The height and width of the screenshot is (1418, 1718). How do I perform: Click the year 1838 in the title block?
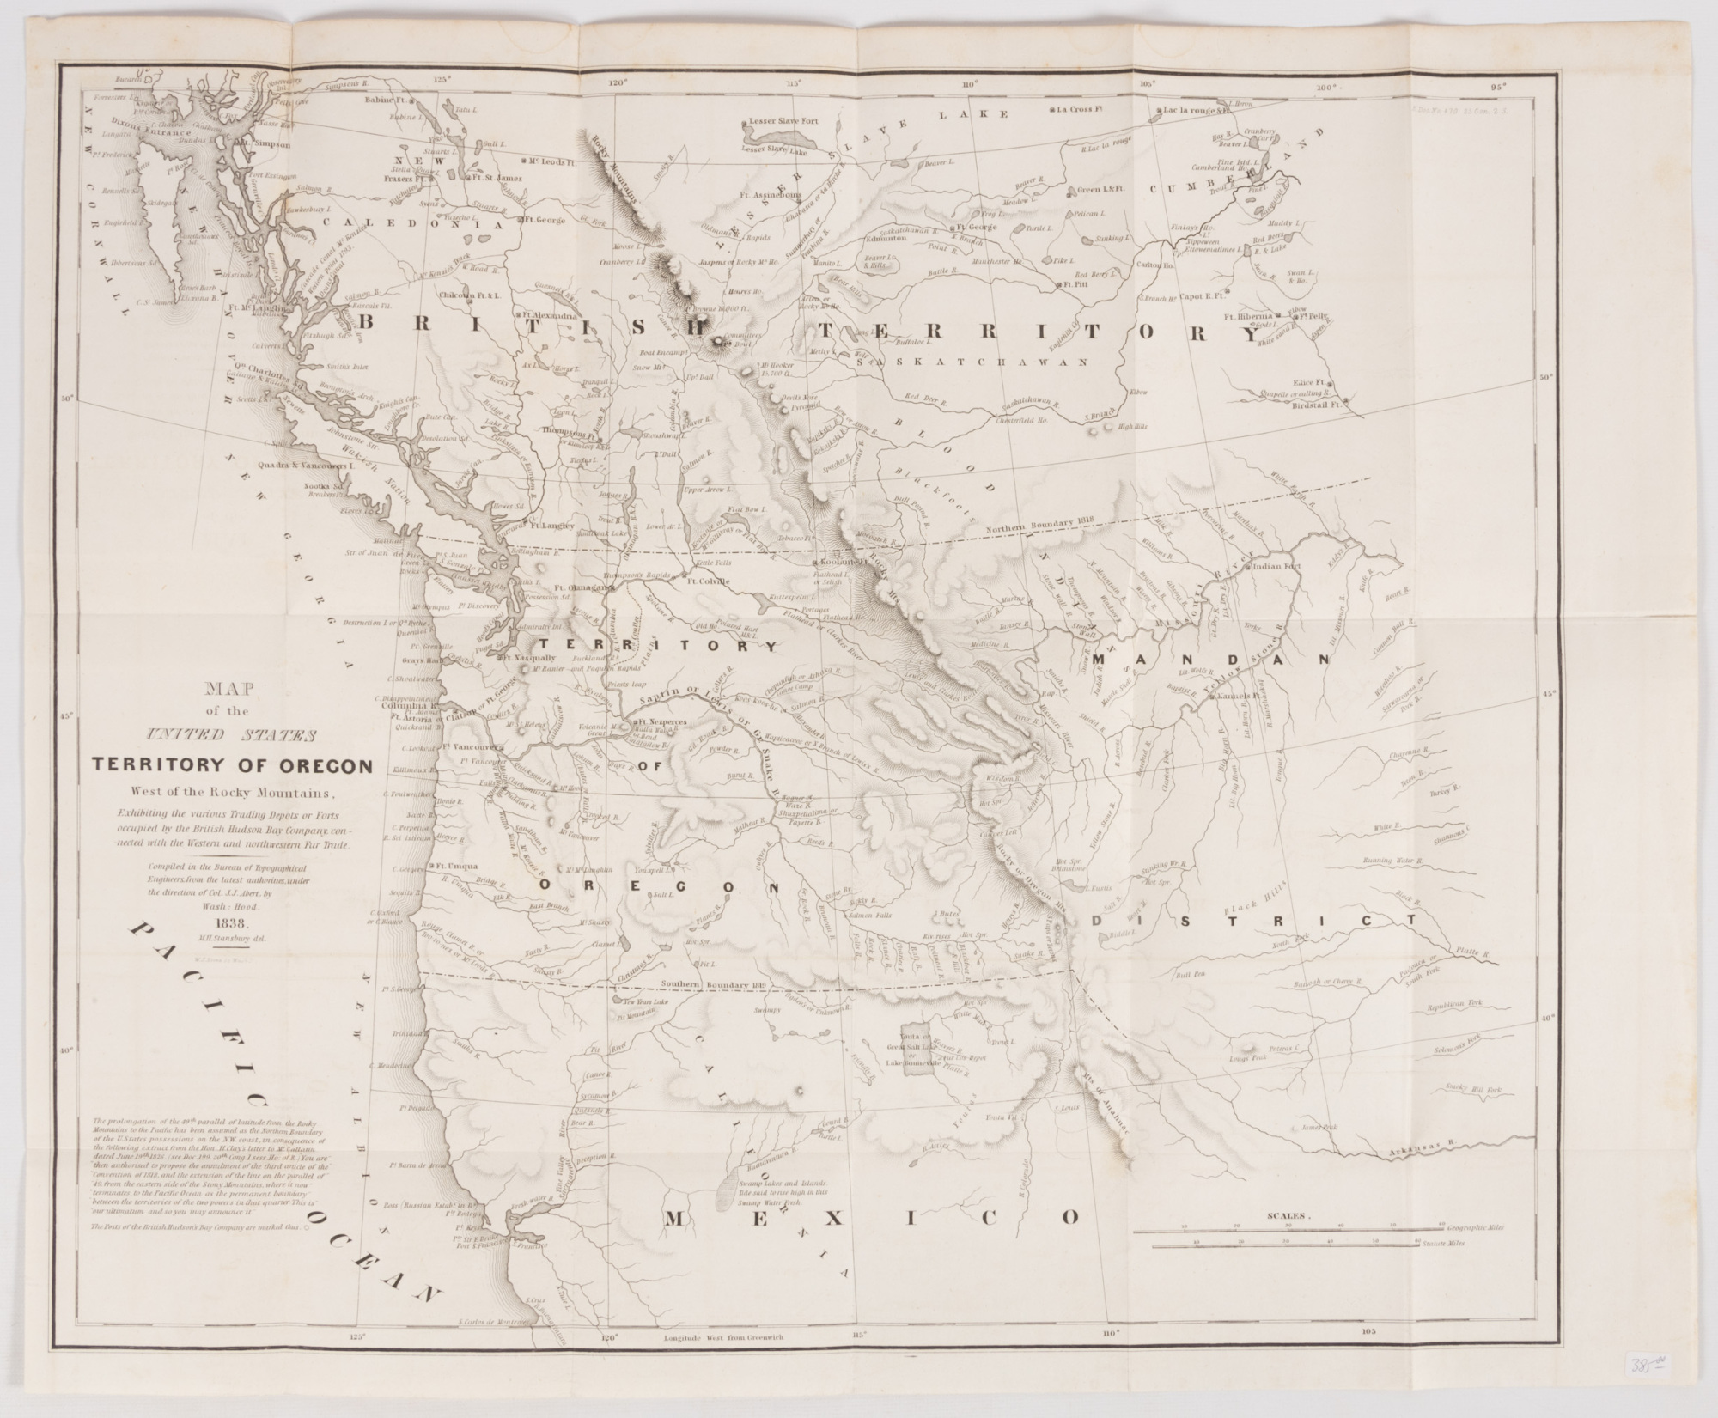[x=233, y=923]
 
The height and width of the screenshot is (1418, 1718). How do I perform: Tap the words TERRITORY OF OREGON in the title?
[x=233, y=765]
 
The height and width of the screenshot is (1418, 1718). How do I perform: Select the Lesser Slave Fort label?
[x=784, y=121]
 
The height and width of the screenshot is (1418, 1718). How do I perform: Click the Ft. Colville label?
[x=708, y=581]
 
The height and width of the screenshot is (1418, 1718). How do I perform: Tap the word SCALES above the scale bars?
[x=1286, y=1217]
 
